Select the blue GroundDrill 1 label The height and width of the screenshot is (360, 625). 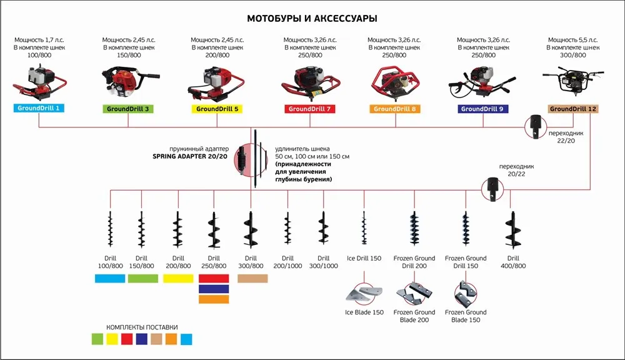pos(39,109)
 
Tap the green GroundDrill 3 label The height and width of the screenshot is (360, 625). pos(128,109)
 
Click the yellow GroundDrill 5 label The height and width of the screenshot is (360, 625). pos(217,109)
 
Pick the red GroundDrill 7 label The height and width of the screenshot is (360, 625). pos(311,109)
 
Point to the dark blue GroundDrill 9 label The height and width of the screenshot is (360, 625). pos(482,109)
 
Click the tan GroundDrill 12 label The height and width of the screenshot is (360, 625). pos(573,109)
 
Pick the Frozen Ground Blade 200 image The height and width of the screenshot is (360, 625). pos(413,294)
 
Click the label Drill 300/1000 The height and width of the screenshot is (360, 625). pos(323,262)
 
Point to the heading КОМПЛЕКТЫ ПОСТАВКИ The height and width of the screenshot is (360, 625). pos(142,327)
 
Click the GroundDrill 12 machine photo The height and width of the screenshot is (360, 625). pos(572,80)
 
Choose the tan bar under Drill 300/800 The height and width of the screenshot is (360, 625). pos(252,279)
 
